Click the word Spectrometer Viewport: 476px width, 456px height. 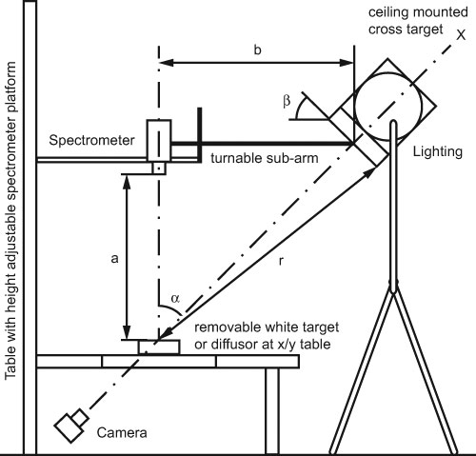click(91, 141)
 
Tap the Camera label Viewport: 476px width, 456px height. click(122, 433)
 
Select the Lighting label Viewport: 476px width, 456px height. click(438, 152)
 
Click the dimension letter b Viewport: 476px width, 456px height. click(258, 50)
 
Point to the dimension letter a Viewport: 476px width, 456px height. click(114, 259)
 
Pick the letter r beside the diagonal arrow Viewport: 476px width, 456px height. click(281, 261)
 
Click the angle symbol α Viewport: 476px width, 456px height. click(175, 299)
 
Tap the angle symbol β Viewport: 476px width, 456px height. click(287, 102)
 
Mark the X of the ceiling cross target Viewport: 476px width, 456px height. click(461, 34)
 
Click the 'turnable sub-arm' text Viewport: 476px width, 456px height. click(265, 158)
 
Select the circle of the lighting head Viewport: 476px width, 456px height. click(387, 107)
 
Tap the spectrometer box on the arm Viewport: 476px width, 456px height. click(159, 141)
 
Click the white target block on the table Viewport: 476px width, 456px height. click(159, 347)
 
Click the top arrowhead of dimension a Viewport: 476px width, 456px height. click(127, 181)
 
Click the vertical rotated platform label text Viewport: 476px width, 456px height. click(10, 221)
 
